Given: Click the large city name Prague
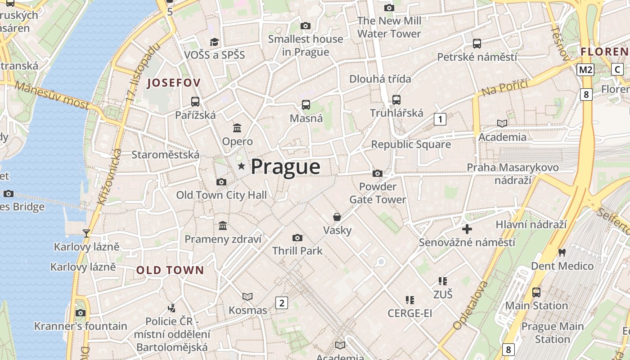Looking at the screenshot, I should pos(285,167).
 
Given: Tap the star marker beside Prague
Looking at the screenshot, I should pos(242,166).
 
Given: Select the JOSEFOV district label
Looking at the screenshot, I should pos(174,83).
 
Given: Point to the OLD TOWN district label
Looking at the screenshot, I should pos(170,270).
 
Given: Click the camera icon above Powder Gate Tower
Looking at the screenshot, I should pos(378,174).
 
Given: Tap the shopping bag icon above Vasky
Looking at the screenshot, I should pos(337,217).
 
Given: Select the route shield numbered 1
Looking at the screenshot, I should pos(440,119).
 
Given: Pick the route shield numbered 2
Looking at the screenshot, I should pos(282,303).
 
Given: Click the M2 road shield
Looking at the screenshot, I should pos(585,70).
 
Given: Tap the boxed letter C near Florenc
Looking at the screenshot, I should pos(617,70).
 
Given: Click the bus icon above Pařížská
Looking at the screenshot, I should pos(195,102).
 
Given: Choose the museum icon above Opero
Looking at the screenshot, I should pos(237,128).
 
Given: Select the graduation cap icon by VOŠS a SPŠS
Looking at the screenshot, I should pos(214,42).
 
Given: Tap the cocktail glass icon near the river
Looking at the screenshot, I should pos(86,233).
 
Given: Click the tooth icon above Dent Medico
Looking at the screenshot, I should pos(562,252).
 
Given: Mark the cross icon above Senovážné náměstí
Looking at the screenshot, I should pos(467,229).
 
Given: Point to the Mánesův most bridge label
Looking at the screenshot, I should pos(52,95).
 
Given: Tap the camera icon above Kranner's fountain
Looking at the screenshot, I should pos(81,313).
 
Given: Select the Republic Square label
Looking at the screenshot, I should pos(410,144).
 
